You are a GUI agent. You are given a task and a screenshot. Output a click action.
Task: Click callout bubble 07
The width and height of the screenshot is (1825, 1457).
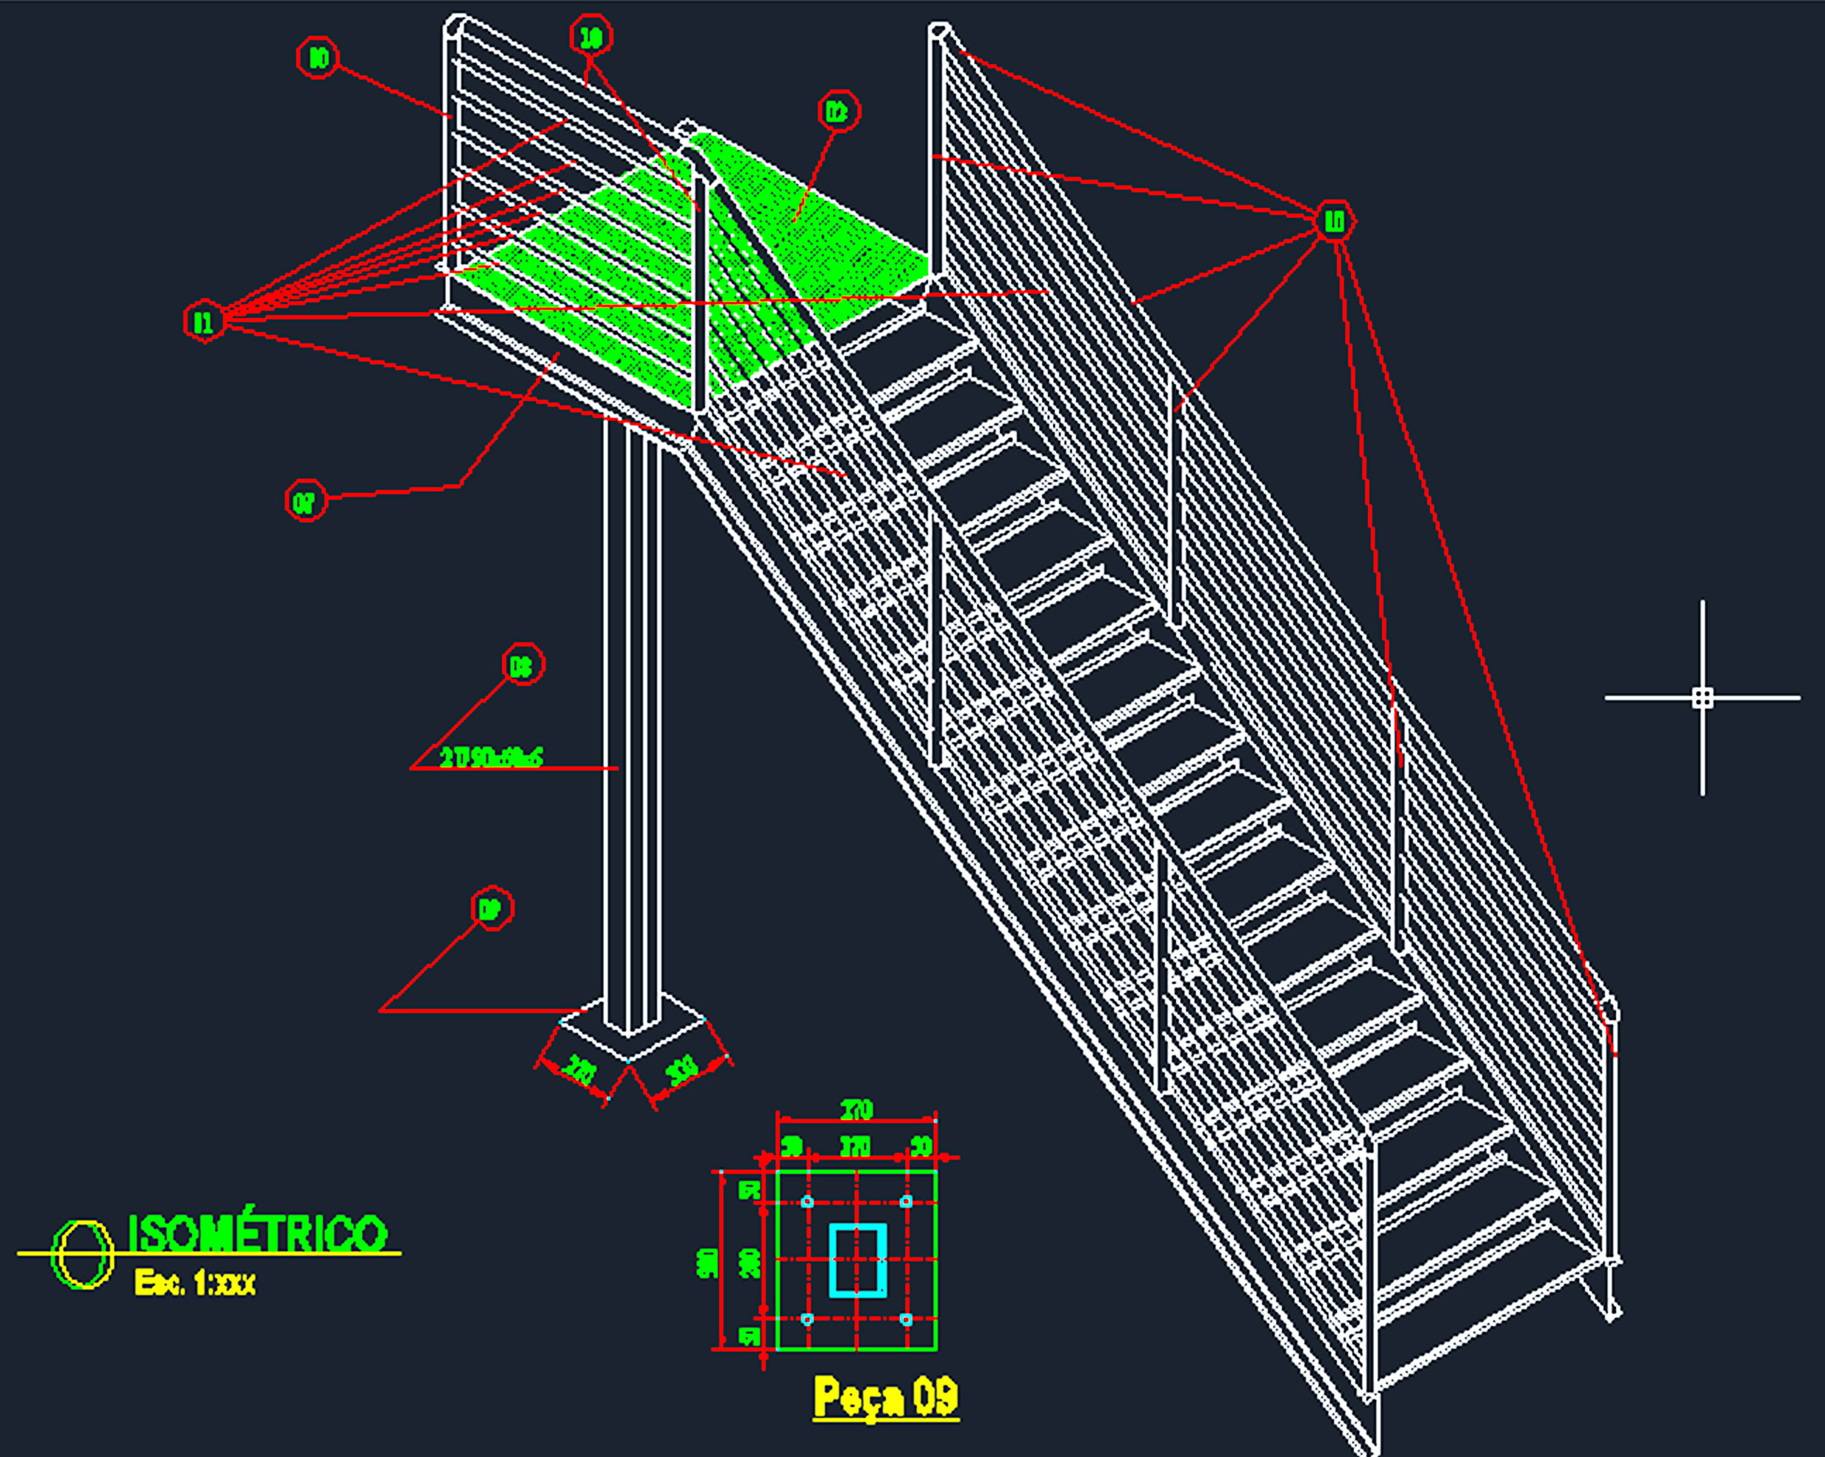[x=305, y=501]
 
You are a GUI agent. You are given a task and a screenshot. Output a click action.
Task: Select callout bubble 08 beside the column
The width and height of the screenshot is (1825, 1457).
[x=522, y=664]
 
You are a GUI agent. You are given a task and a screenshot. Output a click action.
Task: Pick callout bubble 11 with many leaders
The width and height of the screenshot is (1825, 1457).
[x=204, y=322]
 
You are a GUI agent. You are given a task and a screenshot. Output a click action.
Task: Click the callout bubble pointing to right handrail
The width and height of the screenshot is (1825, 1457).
[x=1334, y=221]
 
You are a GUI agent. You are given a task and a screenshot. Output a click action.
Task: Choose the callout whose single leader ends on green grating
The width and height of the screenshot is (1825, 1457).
[x=838, y=111]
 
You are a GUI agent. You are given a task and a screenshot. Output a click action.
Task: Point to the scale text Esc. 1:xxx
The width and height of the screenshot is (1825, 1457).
[x=195, y=1283]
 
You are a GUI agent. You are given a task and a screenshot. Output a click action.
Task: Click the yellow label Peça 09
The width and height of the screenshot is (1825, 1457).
[x=885, y=1396]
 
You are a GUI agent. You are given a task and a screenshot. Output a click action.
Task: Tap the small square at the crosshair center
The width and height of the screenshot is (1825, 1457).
[x=1702, y=698]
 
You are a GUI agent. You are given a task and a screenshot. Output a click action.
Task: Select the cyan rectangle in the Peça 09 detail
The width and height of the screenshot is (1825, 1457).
[x=857, y=1260]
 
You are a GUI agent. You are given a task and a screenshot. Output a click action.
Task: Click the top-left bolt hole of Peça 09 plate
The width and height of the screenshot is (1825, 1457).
[x=807, y=1202]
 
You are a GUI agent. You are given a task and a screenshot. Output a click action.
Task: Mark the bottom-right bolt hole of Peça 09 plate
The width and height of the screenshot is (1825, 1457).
[x=906, y=1319]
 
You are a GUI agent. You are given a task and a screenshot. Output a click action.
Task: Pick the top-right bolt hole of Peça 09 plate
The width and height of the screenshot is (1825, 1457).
[x=906, y=1202]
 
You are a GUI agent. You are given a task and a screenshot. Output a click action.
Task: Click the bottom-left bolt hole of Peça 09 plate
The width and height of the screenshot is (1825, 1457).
[x=807, y=1319]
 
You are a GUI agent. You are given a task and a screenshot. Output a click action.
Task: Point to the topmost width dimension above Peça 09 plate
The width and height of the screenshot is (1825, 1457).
[x=856, y=1109]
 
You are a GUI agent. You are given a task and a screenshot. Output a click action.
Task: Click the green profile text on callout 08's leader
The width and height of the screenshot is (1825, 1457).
[x=491, y=757]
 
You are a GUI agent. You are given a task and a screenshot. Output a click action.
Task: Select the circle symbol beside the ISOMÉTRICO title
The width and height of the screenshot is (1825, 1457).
[x=82, y=1255]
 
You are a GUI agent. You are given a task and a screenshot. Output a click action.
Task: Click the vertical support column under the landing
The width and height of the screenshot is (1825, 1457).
[x=631, y=720]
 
